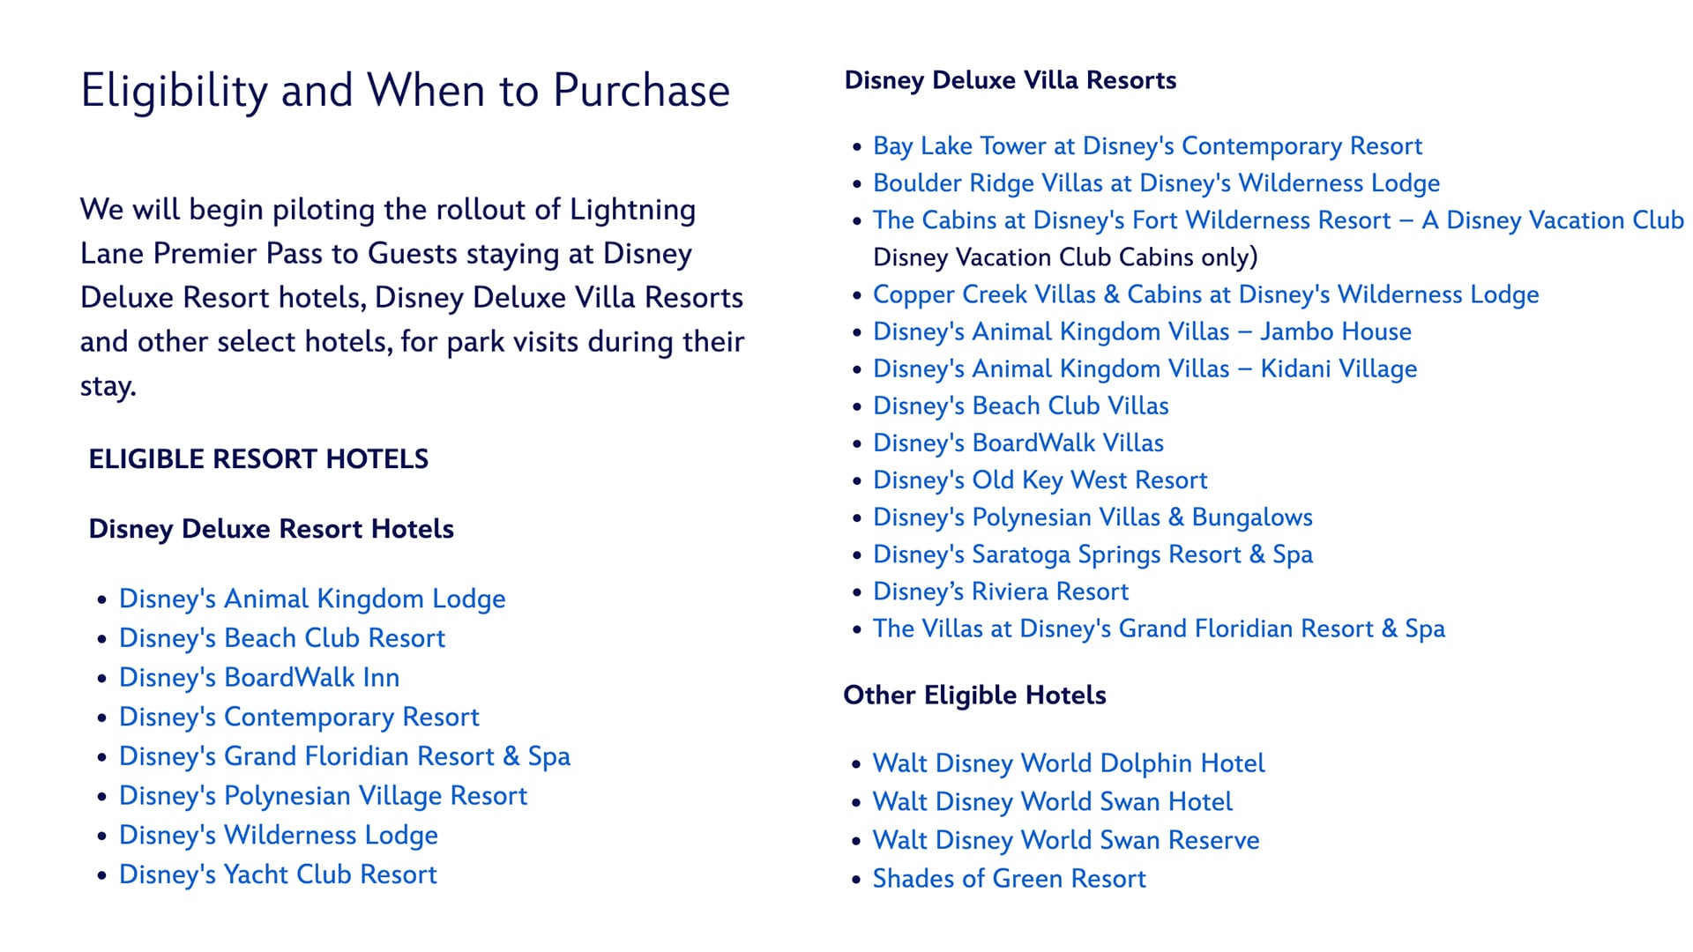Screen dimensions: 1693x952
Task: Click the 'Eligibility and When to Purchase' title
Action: coord(406,92)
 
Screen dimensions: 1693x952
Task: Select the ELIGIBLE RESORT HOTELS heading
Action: coord(258,459)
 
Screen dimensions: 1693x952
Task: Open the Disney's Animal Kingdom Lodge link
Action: coord(312,599)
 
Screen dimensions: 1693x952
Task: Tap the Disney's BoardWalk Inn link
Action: coord(259,678)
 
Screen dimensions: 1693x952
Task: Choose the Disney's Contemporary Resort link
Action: coord(299,718)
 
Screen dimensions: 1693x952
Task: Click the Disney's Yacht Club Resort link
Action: coord(278,874)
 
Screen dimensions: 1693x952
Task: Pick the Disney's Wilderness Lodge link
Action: coord(279,836)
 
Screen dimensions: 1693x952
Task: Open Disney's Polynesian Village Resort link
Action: coord(323,796)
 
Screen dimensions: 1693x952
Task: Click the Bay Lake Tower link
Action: coord(1147,146)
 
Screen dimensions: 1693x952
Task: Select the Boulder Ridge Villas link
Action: coord(1156,183)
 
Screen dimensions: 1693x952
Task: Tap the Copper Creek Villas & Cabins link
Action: coord(1205,294)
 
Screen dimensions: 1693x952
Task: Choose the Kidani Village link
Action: coord(1145,368)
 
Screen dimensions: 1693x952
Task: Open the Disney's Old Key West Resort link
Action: coord(1040,480)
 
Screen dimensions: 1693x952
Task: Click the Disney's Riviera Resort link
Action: coord(1001,591)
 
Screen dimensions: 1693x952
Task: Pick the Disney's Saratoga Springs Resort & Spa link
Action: coord(1093,554)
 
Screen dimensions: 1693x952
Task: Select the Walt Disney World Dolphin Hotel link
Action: coord(1069,763)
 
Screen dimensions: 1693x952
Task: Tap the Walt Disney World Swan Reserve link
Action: coord(1066,840)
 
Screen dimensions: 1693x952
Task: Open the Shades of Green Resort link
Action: coord(1010,879)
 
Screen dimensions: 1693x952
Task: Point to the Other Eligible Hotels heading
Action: coord(974,695)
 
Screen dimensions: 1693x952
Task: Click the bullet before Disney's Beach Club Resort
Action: coord(102,640)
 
